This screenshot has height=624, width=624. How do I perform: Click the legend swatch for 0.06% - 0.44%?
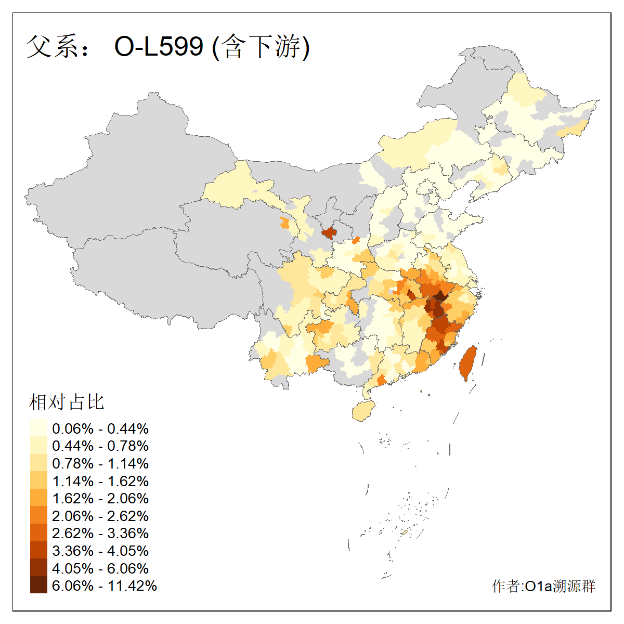38,428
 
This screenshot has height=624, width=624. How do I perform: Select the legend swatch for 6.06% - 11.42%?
38,585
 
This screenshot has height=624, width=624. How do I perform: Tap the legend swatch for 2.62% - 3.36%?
38,533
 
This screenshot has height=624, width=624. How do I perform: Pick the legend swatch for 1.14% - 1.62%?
38,480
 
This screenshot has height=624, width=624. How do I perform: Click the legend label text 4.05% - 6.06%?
100,568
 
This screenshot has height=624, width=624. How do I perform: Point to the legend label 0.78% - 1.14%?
100,463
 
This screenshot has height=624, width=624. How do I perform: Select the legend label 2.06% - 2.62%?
100,516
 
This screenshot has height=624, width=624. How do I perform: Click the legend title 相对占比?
67,402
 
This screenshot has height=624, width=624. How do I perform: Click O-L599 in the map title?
159,47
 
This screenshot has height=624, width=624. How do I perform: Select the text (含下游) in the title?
261,47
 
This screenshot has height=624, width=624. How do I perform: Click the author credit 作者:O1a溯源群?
543,586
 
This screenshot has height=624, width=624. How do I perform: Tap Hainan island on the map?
363,411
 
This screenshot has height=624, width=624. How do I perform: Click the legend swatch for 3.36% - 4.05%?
38,550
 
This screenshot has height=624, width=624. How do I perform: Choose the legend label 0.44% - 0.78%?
100,446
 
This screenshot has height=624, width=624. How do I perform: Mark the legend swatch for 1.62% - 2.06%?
38,498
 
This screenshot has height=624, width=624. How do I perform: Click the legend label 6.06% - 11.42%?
105,586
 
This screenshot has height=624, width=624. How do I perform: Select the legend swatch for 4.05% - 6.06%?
38,568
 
